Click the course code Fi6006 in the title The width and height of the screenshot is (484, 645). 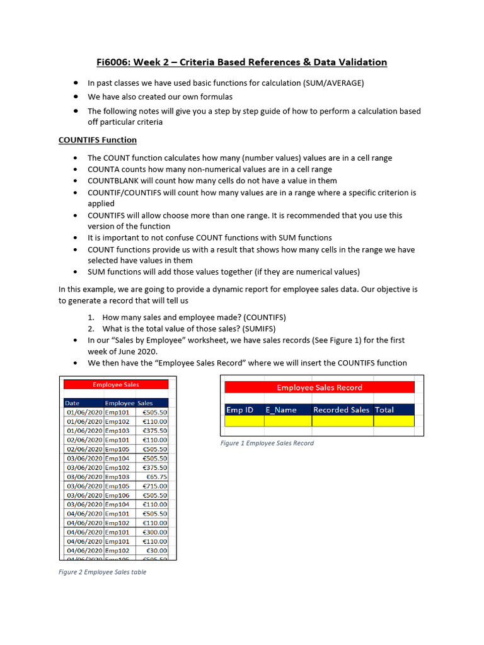point(113,62)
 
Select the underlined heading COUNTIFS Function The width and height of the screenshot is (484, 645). point(98,140)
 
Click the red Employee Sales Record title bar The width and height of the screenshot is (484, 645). point(320,387)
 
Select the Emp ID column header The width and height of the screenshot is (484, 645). point(240,409)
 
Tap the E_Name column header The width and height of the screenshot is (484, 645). point(281,409)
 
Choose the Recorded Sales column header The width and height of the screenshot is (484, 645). point(342,409)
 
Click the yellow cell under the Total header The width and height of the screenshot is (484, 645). point(393,421)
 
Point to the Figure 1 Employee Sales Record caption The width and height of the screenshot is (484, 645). point(267,443)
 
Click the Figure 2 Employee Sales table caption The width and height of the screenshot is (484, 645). point(102,572)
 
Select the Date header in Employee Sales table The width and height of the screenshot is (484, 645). point(72,402)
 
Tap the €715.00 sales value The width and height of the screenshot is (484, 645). point(154,486)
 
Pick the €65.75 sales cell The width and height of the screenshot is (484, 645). point(157,477)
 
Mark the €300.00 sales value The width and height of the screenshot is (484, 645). point(154,532)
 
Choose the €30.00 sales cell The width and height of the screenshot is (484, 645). point(157,550)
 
